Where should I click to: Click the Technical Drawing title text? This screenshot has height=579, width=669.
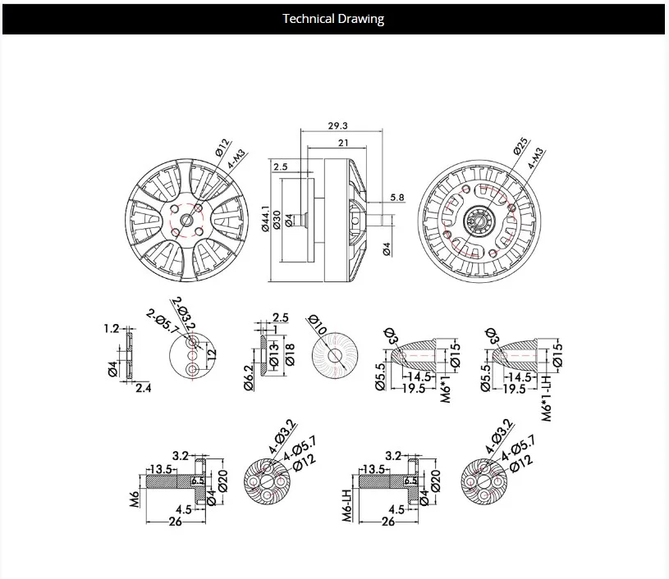tap(333, 19)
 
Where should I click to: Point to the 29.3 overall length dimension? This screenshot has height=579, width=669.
tap(338, 126)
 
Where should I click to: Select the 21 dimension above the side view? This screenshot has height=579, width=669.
tap(343, 143)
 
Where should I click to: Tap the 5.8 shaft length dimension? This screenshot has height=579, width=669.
tap(398, 198)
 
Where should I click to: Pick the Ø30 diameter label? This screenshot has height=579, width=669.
tap(277, 219)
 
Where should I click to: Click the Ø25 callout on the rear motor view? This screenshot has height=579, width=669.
tap(520, 146)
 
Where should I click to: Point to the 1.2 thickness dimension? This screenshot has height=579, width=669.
tap(112, 329)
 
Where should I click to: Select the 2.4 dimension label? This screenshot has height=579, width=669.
tap(143, 387)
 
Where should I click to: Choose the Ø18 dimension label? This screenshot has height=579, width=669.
tap(289, 353)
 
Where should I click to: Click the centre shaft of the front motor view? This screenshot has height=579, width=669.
tap(190, 219)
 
